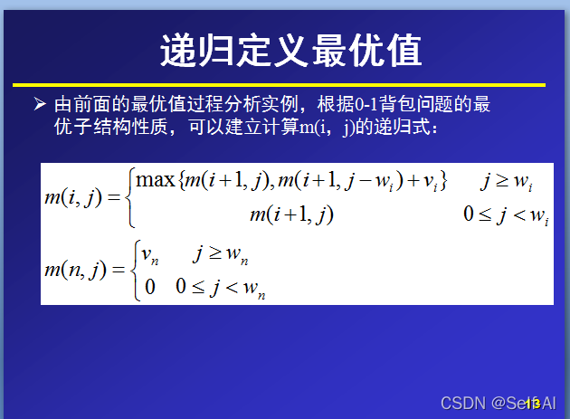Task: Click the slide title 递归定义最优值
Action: [291, 50]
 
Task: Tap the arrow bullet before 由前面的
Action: [39, 104]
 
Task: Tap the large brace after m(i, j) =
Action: [130, 196]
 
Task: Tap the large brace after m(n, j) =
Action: [133, 269]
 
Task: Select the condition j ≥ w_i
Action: [506, 182]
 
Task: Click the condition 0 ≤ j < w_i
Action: [506, 216]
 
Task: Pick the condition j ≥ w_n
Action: [220, 255]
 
